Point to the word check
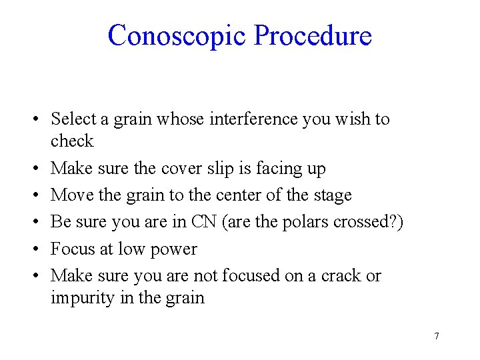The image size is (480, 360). pyautogui.click(x=72, y=141)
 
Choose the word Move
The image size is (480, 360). pyautogui.click(x=70, y=195)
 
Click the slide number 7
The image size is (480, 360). pyautogui.click(x=436, y=336)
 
